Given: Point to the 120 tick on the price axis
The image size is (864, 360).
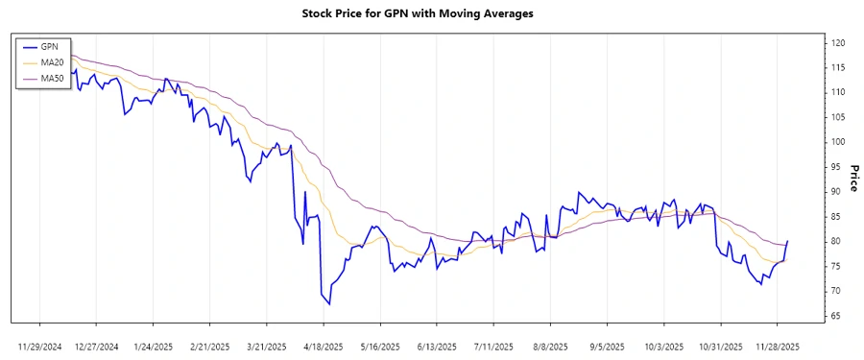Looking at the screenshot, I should click(839, 42).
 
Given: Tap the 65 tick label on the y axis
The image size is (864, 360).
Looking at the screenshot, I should click(837, 316).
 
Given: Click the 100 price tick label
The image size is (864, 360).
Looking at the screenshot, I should click(839, 142).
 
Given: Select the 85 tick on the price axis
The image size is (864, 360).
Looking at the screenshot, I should click(837, 216).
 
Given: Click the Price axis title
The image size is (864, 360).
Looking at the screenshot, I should click(853, 179).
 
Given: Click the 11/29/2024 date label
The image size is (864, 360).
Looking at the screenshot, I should click(40, 345).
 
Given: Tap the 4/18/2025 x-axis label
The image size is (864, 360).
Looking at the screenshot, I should click(324, 345).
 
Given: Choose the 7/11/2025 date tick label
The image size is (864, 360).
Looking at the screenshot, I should click(493, 345).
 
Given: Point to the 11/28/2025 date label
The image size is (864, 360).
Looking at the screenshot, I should click(776, 345).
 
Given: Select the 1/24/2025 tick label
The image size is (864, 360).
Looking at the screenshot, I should click(154, 345).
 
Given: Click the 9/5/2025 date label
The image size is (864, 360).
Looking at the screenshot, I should click(607, 345).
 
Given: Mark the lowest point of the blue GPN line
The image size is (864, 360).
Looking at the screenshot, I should click(329, 304).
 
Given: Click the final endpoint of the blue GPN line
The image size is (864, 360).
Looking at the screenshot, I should click(787, 241).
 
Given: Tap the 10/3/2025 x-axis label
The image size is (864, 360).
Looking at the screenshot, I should click(663, 345).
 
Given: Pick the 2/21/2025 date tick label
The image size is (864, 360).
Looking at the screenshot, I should click(210, 345).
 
